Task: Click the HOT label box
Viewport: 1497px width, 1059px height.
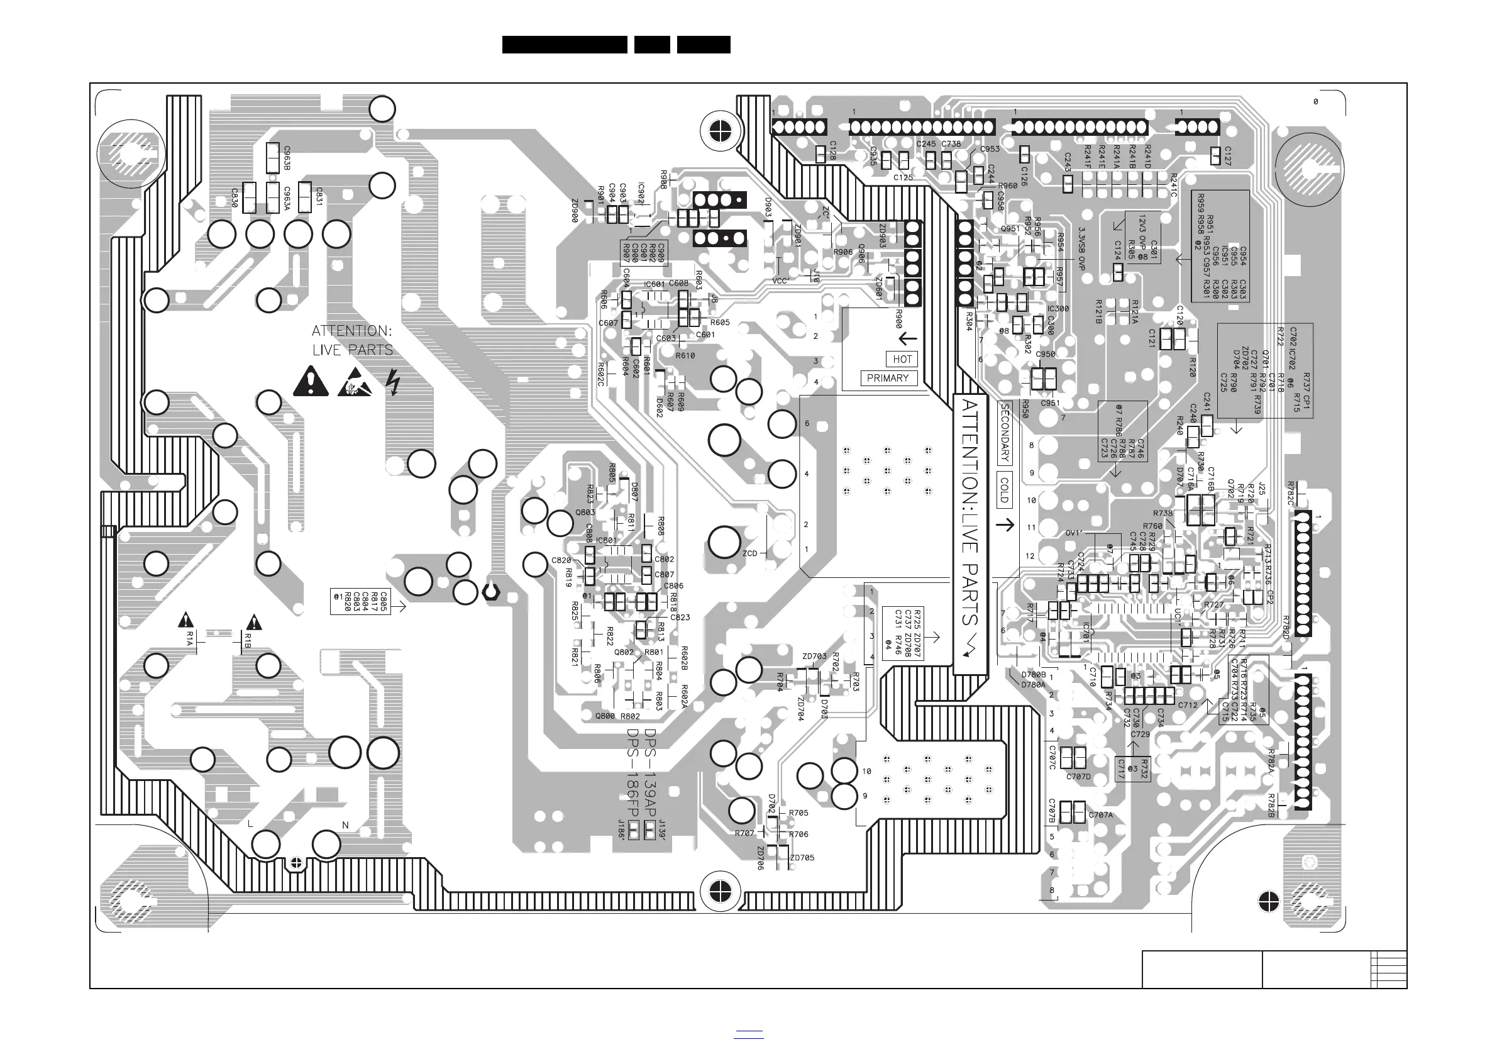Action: [902, 359]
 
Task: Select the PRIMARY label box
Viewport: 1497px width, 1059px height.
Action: [887, 378]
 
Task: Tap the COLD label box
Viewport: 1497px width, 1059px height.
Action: [1004, 491]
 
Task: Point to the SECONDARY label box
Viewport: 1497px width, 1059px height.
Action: [1005, 433]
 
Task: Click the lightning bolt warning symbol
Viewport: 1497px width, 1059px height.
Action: [392, 382]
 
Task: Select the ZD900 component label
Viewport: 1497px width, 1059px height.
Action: [575, 211]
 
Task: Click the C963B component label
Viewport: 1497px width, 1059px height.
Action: [287, 158]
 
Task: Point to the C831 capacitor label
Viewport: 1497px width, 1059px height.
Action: [319, 196]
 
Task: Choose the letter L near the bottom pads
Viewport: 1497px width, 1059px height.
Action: [250, 824]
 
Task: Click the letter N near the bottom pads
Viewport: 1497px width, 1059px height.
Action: [345, 825]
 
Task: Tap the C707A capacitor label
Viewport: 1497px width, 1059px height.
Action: [1100, 815]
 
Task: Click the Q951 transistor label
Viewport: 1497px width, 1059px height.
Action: [1010, 229]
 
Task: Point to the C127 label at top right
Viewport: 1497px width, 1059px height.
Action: [1228, 155]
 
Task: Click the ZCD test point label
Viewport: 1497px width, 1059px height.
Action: [750, 553]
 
